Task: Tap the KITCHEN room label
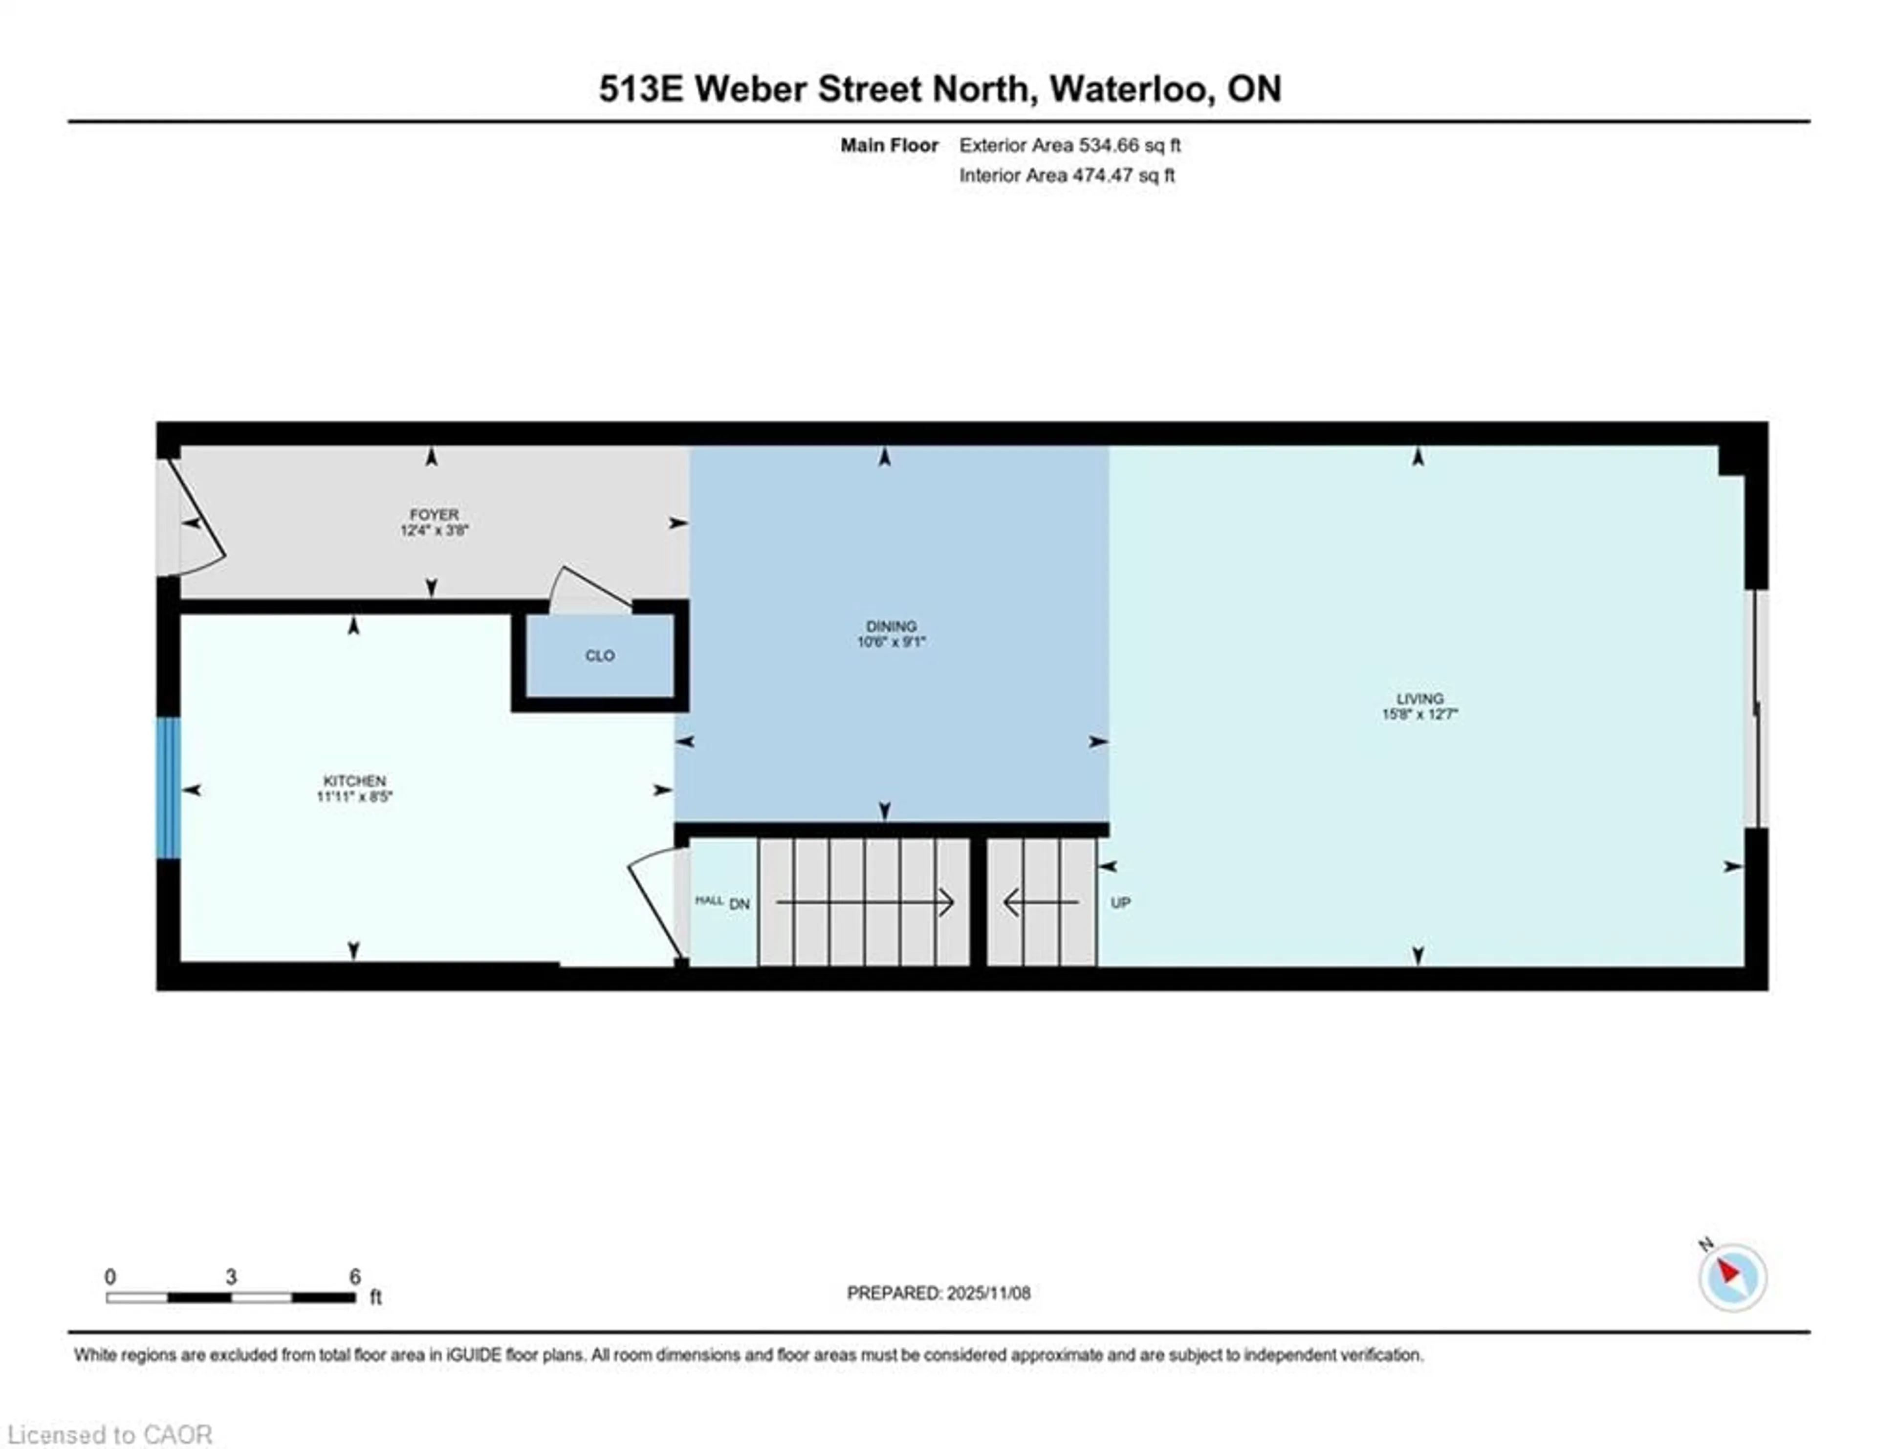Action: [x=354, y=780]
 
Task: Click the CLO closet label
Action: [x=600, y=656]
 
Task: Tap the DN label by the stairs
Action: [x=739, y=904]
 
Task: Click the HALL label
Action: [x=709, y=900]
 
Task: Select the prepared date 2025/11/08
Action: [x=987, y=1293]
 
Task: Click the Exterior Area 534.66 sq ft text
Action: [x=1069, y=145]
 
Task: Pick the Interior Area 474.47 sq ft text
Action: [x=1067, y=176]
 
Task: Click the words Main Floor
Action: [x=889, y=145]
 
